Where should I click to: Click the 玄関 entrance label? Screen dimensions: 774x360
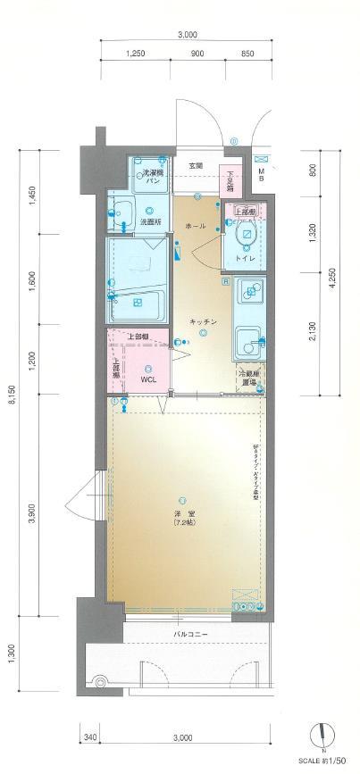click(x=195, y=166)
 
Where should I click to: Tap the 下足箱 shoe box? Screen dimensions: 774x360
click(x=230, y=181)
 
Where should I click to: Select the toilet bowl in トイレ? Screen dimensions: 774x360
click(x=246, y=236)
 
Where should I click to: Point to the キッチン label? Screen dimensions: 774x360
click(x=203, y=320)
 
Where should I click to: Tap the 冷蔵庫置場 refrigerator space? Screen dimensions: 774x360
click(x=247, y=378)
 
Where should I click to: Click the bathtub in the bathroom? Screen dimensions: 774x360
click(x=136, y=305)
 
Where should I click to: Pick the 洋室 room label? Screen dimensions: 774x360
click(x=182, y=513)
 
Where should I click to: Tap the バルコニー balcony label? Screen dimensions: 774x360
click(x=187, y=635)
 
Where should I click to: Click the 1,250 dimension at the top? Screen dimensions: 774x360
click(x=136, y=53)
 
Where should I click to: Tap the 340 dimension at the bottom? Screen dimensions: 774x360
click(x=89, y=737)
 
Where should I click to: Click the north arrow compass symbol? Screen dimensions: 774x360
click(x=322, y=736)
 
